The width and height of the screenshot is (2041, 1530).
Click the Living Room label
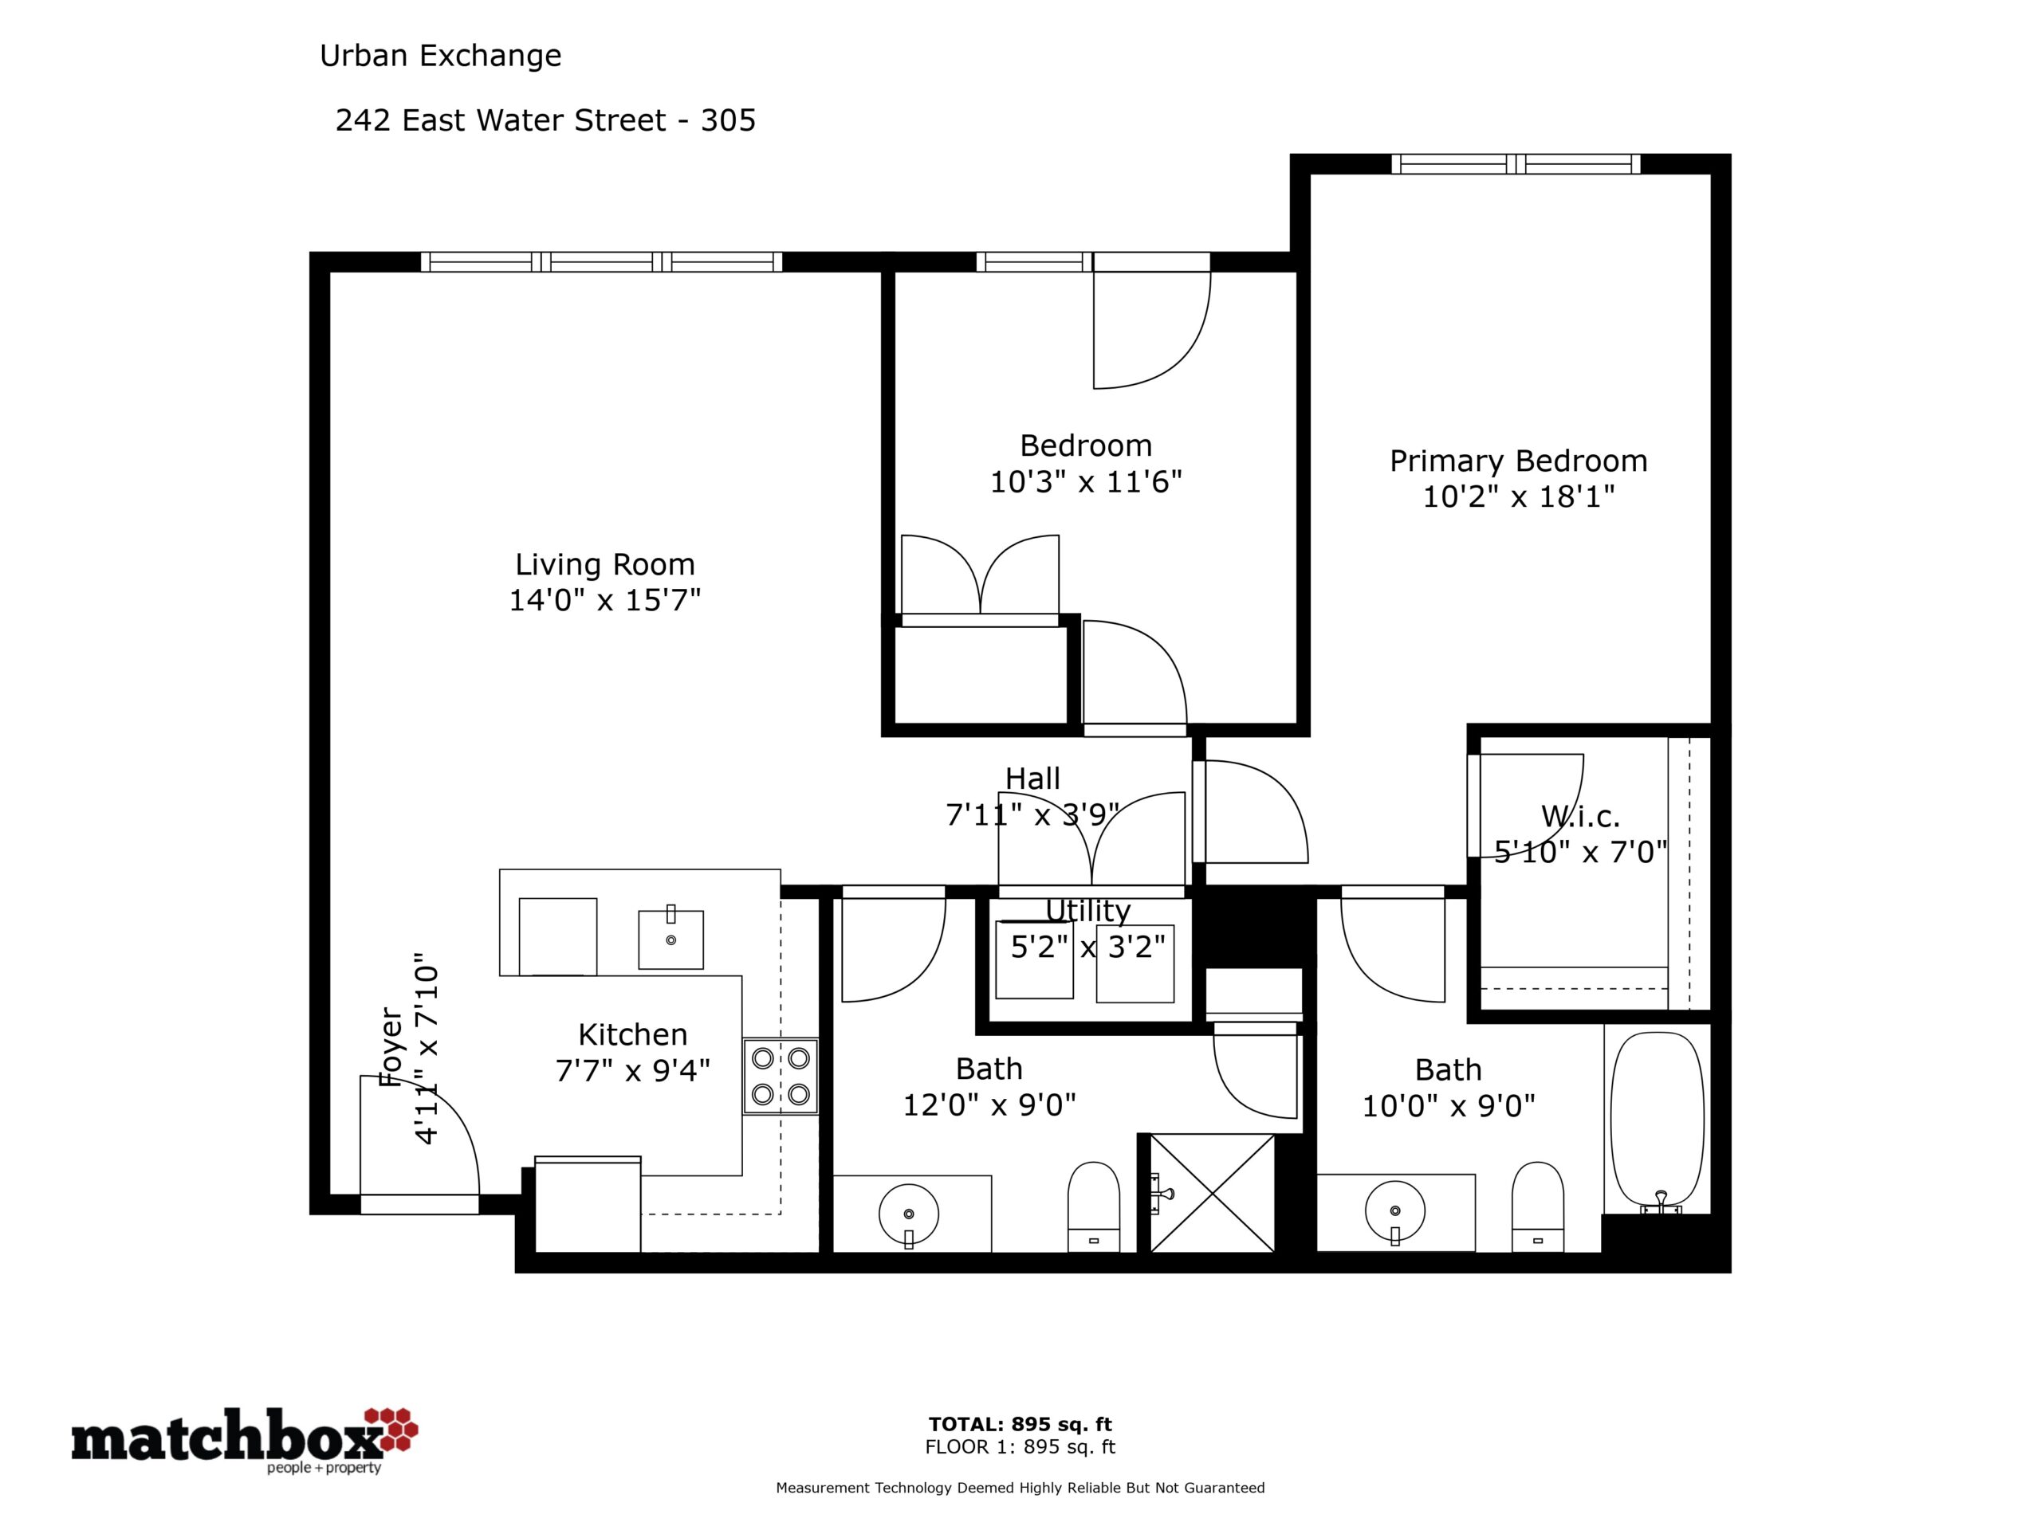click(x=604, y=564)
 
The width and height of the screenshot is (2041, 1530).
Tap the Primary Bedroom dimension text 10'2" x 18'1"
click(x=1519, y=497)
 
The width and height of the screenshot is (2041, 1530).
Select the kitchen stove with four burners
click(x=781, y=1077)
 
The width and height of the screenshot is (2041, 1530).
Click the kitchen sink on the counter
click(x=671, y=939)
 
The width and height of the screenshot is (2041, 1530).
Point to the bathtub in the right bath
click(x=1658, y=1120)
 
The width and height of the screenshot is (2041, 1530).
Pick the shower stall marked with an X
click(x=1213, y=1194)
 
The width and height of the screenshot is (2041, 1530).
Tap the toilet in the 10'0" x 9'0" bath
click(x=1537, y=1206)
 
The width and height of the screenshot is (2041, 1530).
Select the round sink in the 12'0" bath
click(x=909, y=1214)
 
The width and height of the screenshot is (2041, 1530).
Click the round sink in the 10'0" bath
click(x=1394, y=1212)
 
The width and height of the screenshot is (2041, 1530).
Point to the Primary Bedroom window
click(x=1516, y=164)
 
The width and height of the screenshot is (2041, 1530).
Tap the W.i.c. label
click(x=1580, y=816)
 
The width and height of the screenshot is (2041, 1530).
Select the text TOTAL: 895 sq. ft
click(x=1020, y=1424)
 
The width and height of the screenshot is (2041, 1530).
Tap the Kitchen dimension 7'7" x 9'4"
click(x=633, y=1071)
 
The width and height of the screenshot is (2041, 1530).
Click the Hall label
click(x=1032, y=779)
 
